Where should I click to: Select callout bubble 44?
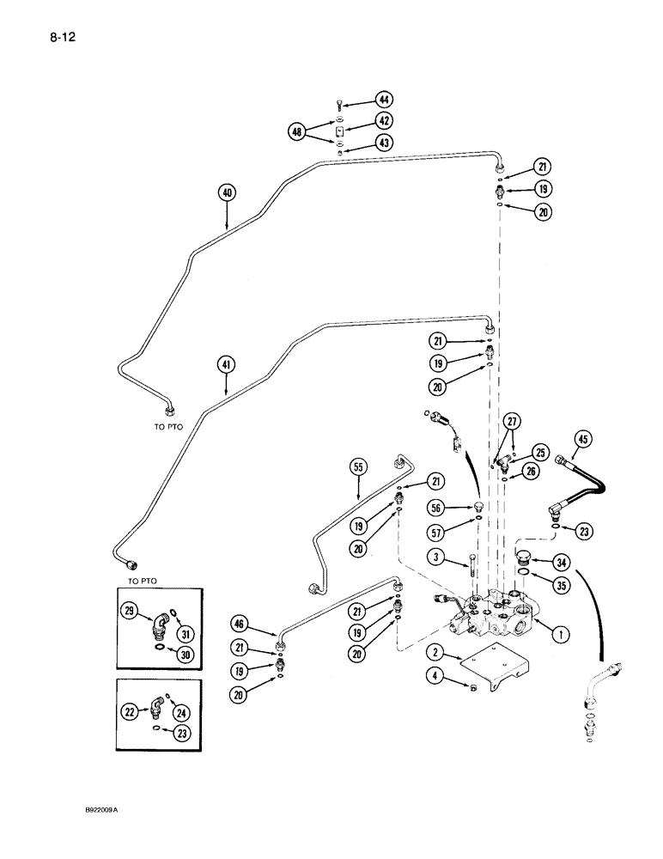pos(383,101)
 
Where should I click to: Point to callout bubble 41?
pos(227,364)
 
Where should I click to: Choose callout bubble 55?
pos(359,468)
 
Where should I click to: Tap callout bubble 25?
pos(539,451)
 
